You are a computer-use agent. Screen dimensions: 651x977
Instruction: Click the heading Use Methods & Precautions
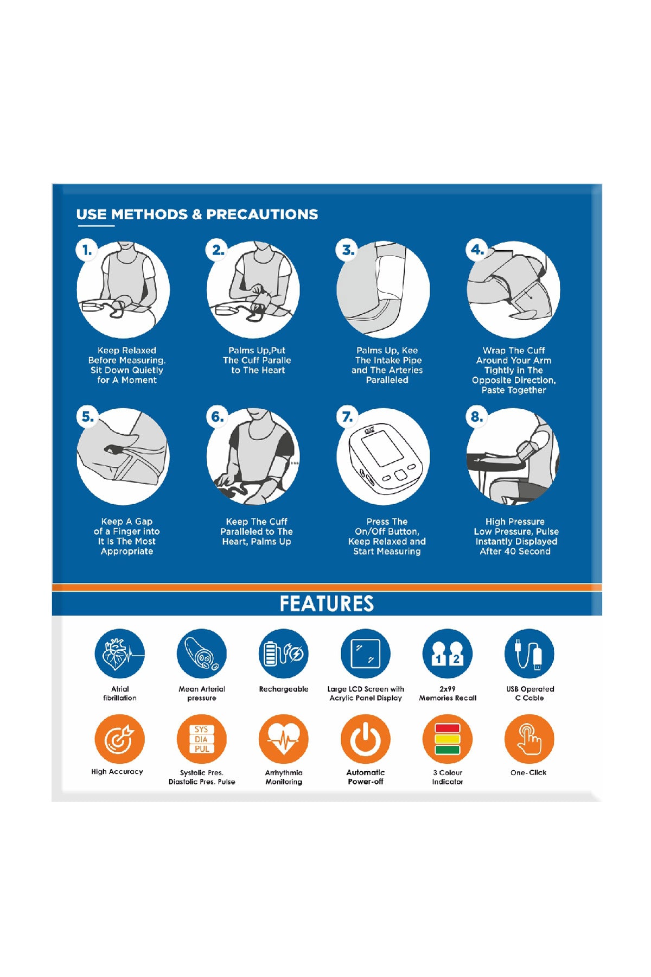tap(197, 214)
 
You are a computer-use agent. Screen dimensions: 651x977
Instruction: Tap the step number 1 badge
tap(86, 251)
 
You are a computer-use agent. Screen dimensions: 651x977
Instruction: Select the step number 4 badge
tap(477, 250)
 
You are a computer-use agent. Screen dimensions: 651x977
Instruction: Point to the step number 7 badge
tap(347, 417)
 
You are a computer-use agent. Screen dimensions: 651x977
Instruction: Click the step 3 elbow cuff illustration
tap(383, 290)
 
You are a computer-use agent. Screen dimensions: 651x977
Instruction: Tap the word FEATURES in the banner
tap(327, 604)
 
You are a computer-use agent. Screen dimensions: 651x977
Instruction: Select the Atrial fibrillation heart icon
tap(120, 654)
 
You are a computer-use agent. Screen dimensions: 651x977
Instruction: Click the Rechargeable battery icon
tap(284, 654)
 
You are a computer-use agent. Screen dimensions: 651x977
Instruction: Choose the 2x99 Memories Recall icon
tap(448, 654)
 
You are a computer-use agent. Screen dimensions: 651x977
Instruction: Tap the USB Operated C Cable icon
tap(529, 654)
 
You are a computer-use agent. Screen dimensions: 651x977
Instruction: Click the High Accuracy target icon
tap(120, 739)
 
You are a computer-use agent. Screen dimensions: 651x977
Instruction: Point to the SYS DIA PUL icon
tap(202, 739)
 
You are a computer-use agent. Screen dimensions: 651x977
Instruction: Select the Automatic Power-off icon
tap(366, 739)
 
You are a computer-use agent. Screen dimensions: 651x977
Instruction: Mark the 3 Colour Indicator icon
tap(448, 739)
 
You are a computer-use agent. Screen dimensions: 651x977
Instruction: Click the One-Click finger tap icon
tap(529, 739)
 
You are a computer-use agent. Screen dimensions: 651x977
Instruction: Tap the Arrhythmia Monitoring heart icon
tap(284, 739)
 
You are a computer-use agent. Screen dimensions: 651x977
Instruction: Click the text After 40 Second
tap(515, 551)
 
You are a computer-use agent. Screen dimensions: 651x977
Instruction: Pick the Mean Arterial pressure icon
tap(202, 654)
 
